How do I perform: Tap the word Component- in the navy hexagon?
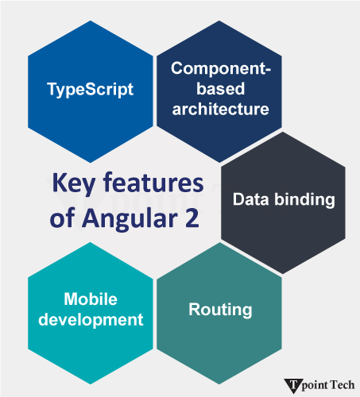pyautogui.click(x=221, y=68)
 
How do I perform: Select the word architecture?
pyautogui.click(x=221, y=108)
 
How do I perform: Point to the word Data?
pyautogui.click(x=249, y=199)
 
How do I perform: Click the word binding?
pyautogui.click(x=306, y=199)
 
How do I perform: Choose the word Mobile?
pyautogui.click(x=91, y=299)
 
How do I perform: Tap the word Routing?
pyautogui.click(x=220, y=310)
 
